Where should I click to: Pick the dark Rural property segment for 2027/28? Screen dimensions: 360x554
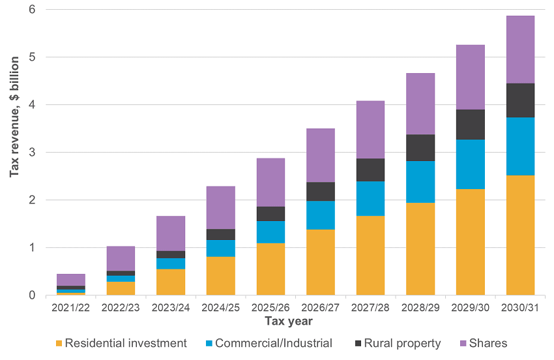[x=370, y=170]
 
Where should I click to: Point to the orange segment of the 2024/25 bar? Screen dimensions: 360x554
[x=220, y=276]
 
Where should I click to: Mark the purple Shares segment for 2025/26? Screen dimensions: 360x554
[x=270, y=183]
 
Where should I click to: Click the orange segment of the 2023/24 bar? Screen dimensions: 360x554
[x=171, y=282]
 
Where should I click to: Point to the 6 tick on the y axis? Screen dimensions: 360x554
[x=31, y=10]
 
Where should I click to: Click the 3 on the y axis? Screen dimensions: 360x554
[x=31, y=153]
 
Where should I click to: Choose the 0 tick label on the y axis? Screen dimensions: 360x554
[x=31, y=295]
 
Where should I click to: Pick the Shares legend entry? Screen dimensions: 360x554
[x=486, y=344]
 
